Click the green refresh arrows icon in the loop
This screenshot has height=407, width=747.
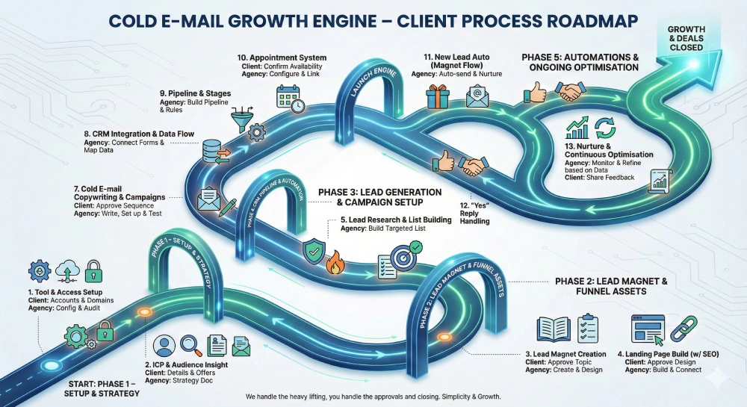(604, 125)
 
